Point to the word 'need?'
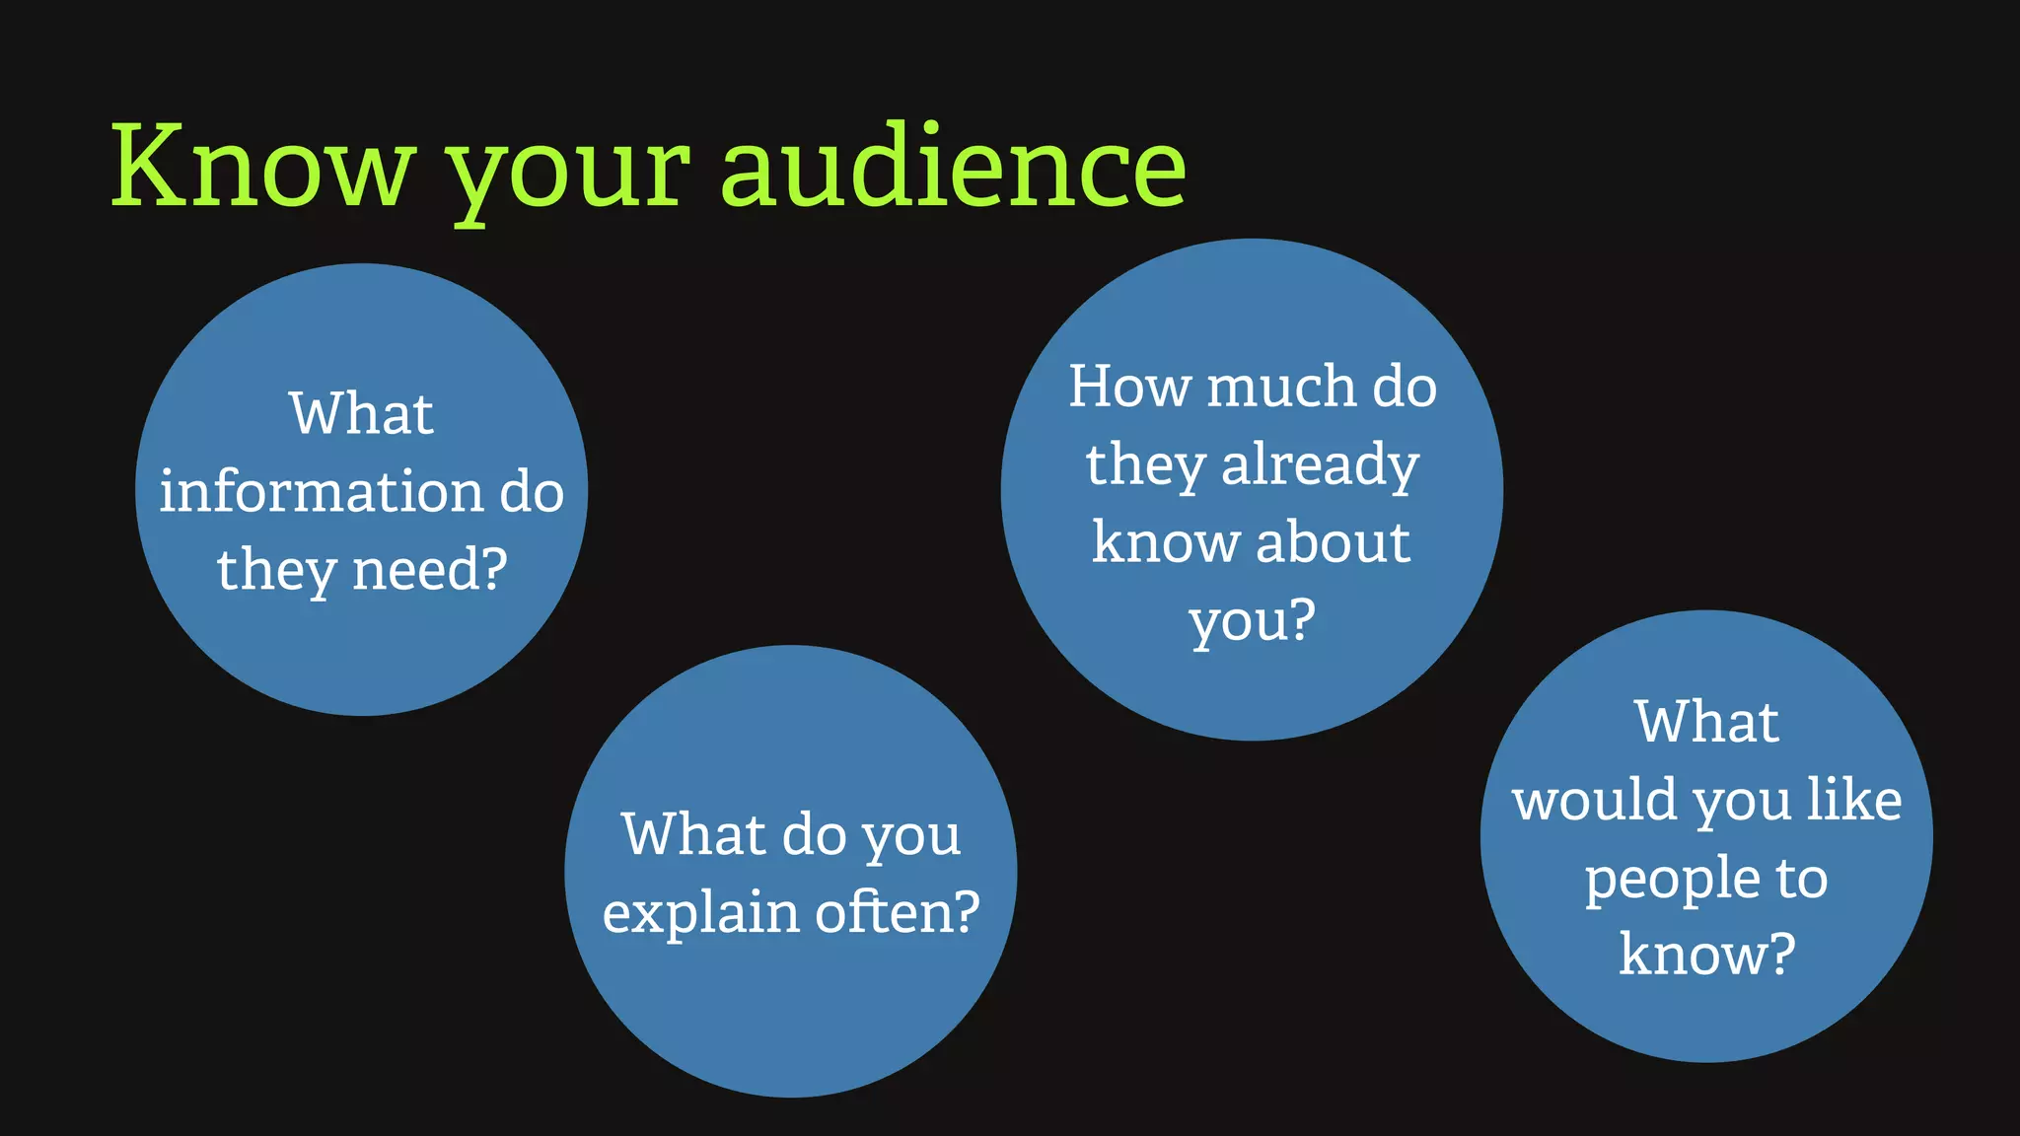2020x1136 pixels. [x=430, y=570]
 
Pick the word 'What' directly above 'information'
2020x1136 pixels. [x=361, y=413]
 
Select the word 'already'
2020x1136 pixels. [x=1320, y=465]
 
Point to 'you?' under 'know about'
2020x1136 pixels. [x=1253, y=621]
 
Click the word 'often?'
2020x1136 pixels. [x=898, y=912]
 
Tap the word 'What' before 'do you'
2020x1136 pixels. [x=693, y=835]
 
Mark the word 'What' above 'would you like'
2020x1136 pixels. [x=1707, y=722]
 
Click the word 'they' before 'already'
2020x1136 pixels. [x=1145, y=465]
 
